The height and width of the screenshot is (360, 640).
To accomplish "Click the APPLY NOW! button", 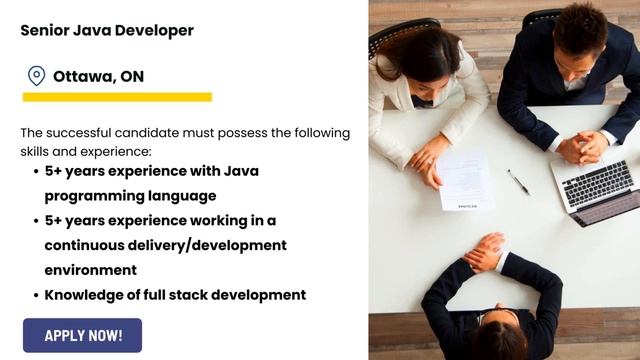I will pos(83,335).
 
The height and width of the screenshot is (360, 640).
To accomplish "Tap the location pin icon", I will pos(36,76).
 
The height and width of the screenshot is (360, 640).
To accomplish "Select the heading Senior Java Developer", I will pos(107,30).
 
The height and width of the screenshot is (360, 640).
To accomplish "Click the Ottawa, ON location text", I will pos(98,76).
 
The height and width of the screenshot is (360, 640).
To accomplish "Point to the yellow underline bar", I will pos(117,97).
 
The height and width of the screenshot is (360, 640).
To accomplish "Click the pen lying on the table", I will pos(518,181).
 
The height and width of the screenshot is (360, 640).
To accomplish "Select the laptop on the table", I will pos(597,189).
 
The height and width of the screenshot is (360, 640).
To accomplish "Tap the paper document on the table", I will pos(465,179).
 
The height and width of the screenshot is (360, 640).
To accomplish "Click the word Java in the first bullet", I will pos(242,171).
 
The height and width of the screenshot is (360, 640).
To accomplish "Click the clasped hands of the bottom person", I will pos(487,252).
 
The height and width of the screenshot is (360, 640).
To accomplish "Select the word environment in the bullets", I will pos(90,270).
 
